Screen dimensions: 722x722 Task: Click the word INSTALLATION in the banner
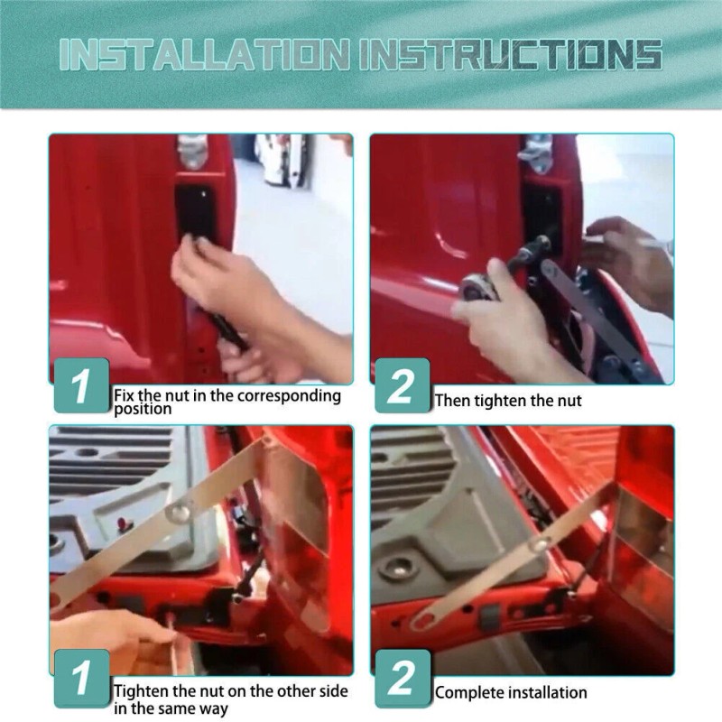(205, 55)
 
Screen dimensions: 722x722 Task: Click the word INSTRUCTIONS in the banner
(511, 55)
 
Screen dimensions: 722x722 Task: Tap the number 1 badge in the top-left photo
(82, 385)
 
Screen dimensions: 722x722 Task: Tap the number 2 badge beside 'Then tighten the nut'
(402, 385)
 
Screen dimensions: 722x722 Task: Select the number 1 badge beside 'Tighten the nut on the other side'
(82, 679)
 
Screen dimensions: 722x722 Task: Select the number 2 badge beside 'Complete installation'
(403, 679)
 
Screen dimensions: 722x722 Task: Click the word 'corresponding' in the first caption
(289, 396)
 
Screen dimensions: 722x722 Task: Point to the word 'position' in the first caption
(143, 409)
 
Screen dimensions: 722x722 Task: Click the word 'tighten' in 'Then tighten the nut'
(500, 401)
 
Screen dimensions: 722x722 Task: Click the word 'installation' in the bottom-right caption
(544, 692)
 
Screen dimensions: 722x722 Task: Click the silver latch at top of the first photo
(192, 151)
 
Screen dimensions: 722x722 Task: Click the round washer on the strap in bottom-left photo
(179, 511)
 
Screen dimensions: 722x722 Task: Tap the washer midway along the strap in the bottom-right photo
(538, 544)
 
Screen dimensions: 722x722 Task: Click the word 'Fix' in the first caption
(125, 395)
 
